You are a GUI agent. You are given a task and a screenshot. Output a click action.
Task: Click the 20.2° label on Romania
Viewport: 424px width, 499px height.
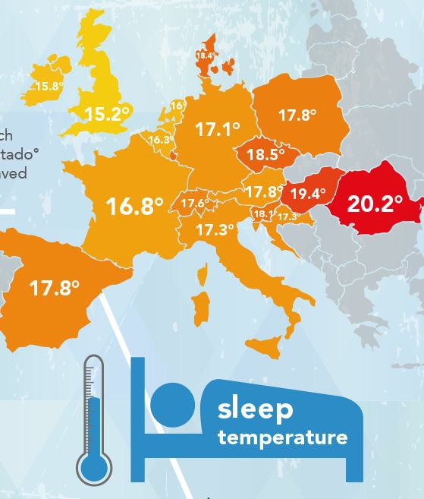[x=375, y=204]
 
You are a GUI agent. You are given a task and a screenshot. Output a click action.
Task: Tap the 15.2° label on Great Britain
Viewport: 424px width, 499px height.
[x=107, y=115]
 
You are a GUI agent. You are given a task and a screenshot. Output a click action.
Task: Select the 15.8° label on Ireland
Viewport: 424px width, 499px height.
[x=49, y=87]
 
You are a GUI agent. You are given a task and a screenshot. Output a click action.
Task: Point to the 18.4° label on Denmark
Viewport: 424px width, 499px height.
[x=206, y=55]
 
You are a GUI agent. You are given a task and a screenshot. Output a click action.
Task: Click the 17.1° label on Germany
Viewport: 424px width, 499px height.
[x=217, y=130]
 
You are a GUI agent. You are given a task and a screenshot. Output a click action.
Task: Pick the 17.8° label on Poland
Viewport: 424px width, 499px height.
[x=297, y=115]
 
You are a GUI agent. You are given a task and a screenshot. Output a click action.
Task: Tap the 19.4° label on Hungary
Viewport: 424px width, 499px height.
[x=307, y=194]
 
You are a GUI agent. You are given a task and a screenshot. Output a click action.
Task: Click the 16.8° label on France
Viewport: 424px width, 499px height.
[x=135, y=206]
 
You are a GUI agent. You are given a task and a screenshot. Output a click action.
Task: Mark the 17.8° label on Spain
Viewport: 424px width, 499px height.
[x=55, y=288]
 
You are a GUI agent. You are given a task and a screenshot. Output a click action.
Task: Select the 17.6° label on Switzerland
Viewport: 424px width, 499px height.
[x=194, y=203]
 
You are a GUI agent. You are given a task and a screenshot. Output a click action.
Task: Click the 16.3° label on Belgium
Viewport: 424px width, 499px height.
[x=160, y=140]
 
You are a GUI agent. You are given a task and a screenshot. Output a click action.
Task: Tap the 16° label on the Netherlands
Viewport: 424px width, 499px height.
[x=178, y=106]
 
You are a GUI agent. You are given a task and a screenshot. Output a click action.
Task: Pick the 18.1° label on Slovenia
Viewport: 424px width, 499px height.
[x=263, y=214]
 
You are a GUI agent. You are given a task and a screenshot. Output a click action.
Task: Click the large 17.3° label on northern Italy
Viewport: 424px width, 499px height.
[x=215, y=229]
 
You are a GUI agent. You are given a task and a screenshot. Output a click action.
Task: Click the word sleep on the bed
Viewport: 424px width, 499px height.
[x=255, y=409]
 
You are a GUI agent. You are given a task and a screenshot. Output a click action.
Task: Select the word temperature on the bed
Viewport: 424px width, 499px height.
[x=282, y=437]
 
